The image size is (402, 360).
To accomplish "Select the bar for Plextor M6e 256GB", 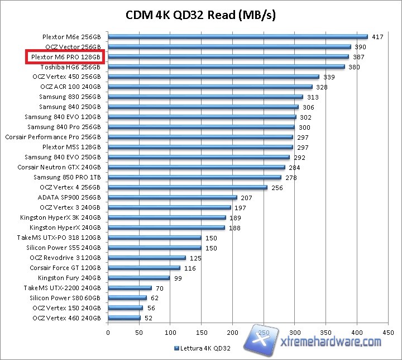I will pos(237,37).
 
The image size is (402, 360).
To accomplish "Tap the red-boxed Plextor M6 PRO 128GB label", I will pos(66,57).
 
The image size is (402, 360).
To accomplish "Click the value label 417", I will pos(377,37).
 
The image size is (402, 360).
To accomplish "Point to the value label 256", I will pos(277,188).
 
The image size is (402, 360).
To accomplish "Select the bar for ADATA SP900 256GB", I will pos(172,197).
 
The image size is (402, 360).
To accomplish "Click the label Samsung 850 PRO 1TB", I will pos(67,177).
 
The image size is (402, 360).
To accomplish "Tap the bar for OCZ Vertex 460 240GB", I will pos(124,318).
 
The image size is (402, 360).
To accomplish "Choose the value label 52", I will pos(149,318).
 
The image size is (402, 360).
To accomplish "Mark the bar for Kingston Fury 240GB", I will pos(138,278).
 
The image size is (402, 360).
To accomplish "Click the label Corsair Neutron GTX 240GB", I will pos(59,167).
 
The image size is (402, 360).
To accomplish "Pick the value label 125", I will pos(195,258).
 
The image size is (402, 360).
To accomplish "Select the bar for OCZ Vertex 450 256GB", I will pos(213,77).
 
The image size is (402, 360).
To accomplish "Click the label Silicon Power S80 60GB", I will pos(65,298).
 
